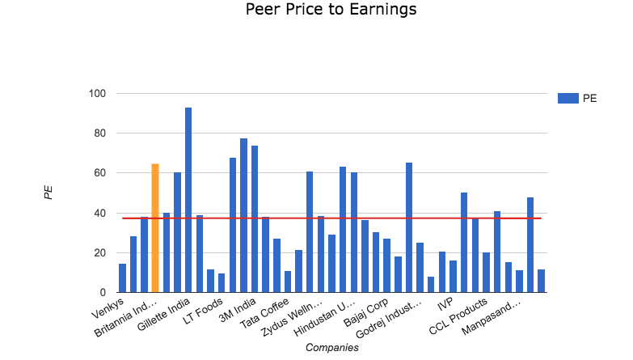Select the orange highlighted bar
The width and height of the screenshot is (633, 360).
click(155, 228)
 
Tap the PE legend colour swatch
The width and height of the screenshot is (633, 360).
click(568, 99)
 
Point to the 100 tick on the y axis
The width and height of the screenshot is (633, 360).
click(97, 94)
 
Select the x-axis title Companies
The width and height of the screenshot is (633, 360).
click(331, 348)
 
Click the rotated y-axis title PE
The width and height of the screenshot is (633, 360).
click(49, 193)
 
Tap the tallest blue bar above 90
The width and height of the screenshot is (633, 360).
click(188, 200)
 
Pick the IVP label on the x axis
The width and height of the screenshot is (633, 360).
click(445, 304)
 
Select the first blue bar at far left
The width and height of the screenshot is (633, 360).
click(122, 277)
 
